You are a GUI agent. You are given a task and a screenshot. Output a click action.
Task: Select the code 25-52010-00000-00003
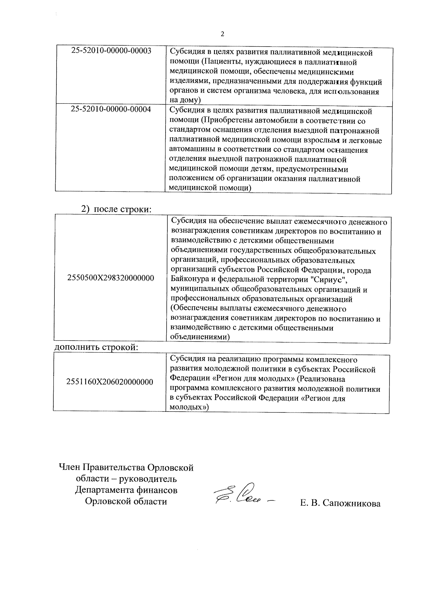[111, 51]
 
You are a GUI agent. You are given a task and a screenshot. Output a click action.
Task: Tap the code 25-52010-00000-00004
[111, 110]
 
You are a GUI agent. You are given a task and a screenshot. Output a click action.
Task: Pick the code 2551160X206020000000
[110, 382]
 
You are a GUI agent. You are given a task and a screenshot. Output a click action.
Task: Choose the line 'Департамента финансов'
[126, 490]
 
